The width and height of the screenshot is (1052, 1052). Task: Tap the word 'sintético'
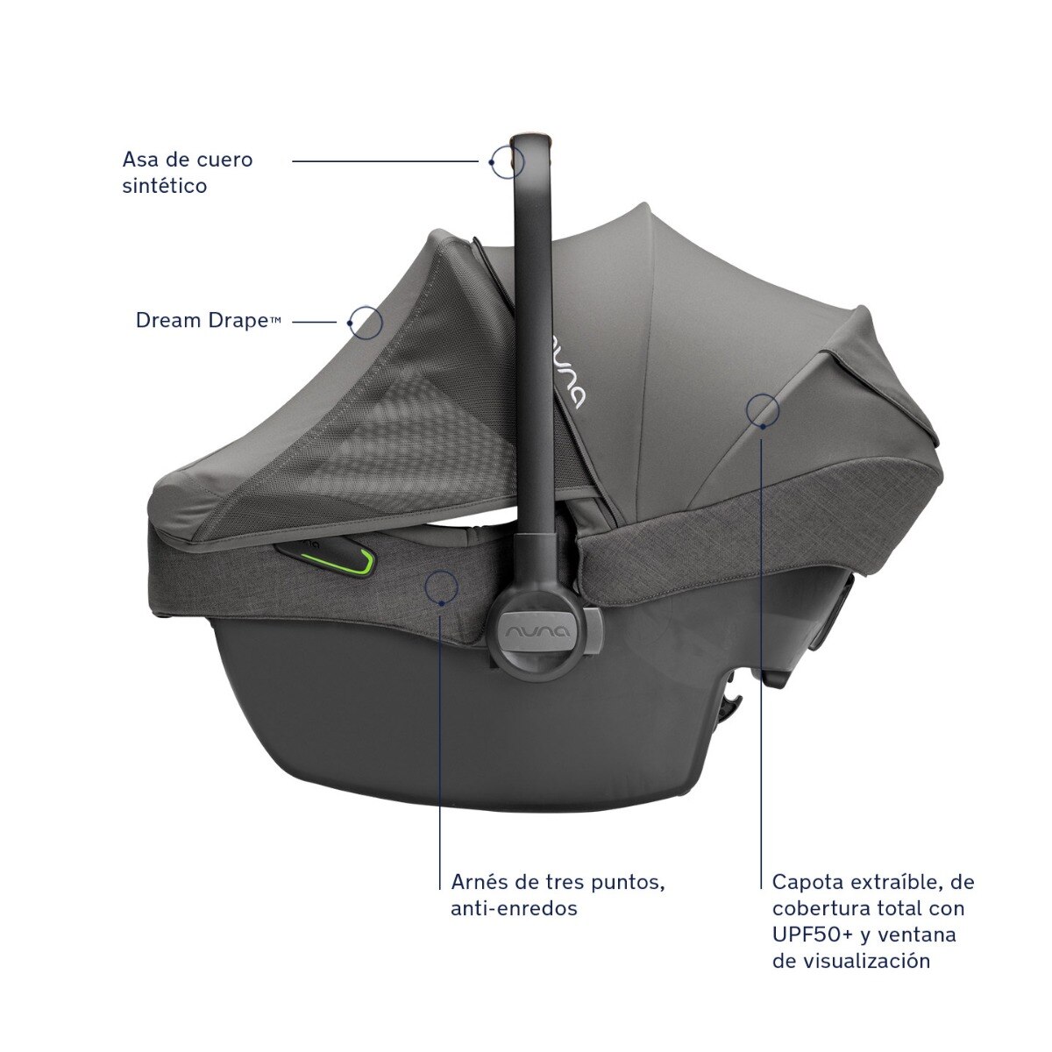point(165,186)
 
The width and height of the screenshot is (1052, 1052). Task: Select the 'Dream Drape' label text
point(208,321)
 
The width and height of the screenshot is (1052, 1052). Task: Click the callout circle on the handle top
point(508,146)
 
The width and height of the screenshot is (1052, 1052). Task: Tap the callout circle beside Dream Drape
point(366,306)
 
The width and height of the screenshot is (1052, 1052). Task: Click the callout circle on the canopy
point(763,394)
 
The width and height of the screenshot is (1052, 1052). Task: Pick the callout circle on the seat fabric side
point(441,571)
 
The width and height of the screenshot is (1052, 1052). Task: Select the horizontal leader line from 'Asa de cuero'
point(386,161)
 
